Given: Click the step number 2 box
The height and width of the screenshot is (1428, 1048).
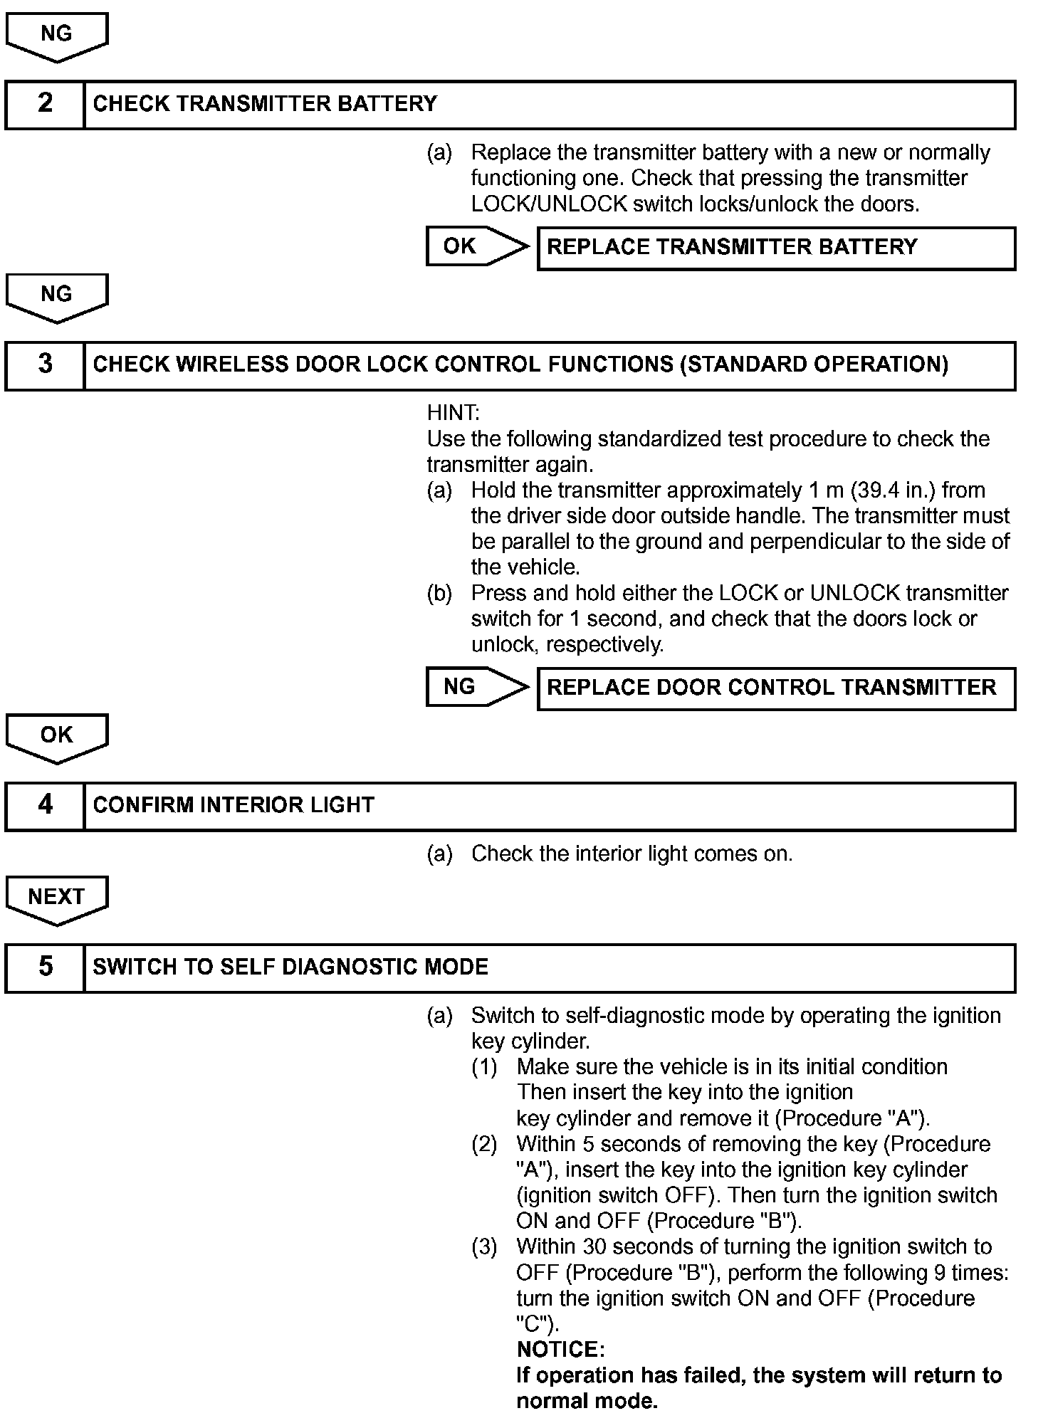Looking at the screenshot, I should tap(45, 104).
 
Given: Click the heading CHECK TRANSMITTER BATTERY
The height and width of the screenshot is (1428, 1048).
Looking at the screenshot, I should tap(265, 104).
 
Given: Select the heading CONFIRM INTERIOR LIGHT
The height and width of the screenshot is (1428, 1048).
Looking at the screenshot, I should tap(234, 805).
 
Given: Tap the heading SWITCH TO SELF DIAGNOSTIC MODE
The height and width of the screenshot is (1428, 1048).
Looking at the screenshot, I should tap(290, 967).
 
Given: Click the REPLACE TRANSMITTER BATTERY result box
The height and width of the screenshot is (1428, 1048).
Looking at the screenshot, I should tap(775, 248).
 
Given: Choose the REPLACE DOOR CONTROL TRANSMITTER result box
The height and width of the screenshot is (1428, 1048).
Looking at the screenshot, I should tap(775, 688).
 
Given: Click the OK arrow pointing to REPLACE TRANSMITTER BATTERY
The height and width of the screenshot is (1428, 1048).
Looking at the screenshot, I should tap(476, 246).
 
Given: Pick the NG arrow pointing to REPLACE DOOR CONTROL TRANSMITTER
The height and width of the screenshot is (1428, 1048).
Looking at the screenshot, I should tap(476, 687).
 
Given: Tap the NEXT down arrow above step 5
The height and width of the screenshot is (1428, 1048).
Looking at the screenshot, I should tap(56, 899).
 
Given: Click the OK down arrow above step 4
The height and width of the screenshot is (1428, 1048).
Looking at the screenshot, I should tap(56, 737).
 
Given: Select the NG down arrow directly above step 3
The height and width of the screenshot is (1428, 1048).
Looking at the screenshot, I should tap(56, 296).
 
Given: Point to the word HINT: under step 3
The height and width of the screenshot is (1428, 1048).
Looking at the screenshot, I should tap(453, 413).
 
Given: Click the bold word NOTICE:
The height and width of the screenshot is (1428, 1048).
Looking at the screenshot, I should tap(560, 1350).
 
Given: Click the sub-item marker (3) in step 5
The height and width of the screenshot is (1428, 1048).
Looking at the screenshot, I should tap(484, 1246).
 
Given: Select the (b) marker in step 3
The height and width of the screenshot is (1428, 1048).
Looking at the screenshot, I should tap(439, 593).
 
